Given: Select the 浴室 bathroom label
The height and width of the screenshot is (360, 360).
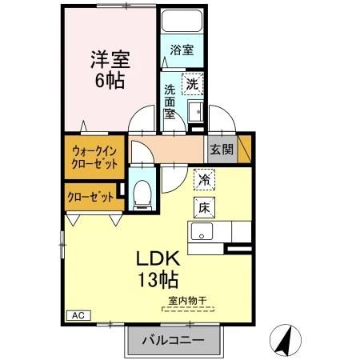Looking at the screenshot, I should tap(180, 50).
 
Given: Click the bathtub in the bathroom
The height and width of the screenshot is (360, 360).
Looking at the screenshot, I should tap(182, 22).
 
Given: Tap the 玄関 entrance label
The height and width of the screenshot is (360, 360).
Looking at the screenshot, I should tap(221, 148).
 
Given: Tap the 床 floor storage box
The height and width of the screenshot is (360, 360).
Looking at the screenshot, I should tap(203, 206).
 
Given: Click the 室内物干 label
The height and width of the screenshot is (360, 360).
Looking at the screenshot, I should tap(186, 301).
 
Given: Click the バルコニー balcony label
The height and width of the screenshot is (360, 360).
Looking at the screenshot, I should tap(172, 340).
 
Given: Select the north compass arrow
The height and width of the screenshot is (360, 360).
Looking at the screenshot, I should tap(282, 339).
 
